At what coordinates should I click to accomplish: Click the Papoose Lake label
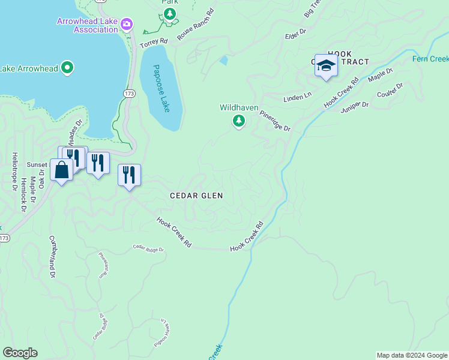(161, 88)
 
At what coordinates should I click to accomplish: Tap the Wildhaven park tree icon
(239, 121)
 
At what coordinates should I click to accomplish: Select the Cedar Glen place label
(196, 196)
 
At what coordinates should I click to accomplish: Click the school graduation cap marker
(326, 65)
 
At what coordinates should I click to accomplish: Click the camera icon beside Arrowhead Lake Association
(127, 25)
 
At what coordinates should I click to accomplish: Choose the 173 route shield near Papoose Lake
(129, 94)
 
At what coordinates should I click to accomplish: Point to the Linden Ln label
(298, 96)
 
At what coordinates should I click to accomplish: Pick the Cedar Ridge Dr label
(148, 247)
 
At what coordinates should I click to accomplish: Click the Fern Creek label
(430, 59)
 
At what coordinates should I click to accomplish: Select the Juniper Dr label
(354, 106)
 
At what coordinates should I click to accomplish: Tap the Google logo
(20, 353)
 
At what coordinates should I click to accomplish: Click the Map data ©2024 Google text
(412, 355)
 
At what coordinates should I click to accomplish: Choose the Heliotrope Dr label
(15, 171)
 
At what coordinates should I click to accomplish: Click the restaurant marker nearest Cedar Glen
(129, 175)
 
